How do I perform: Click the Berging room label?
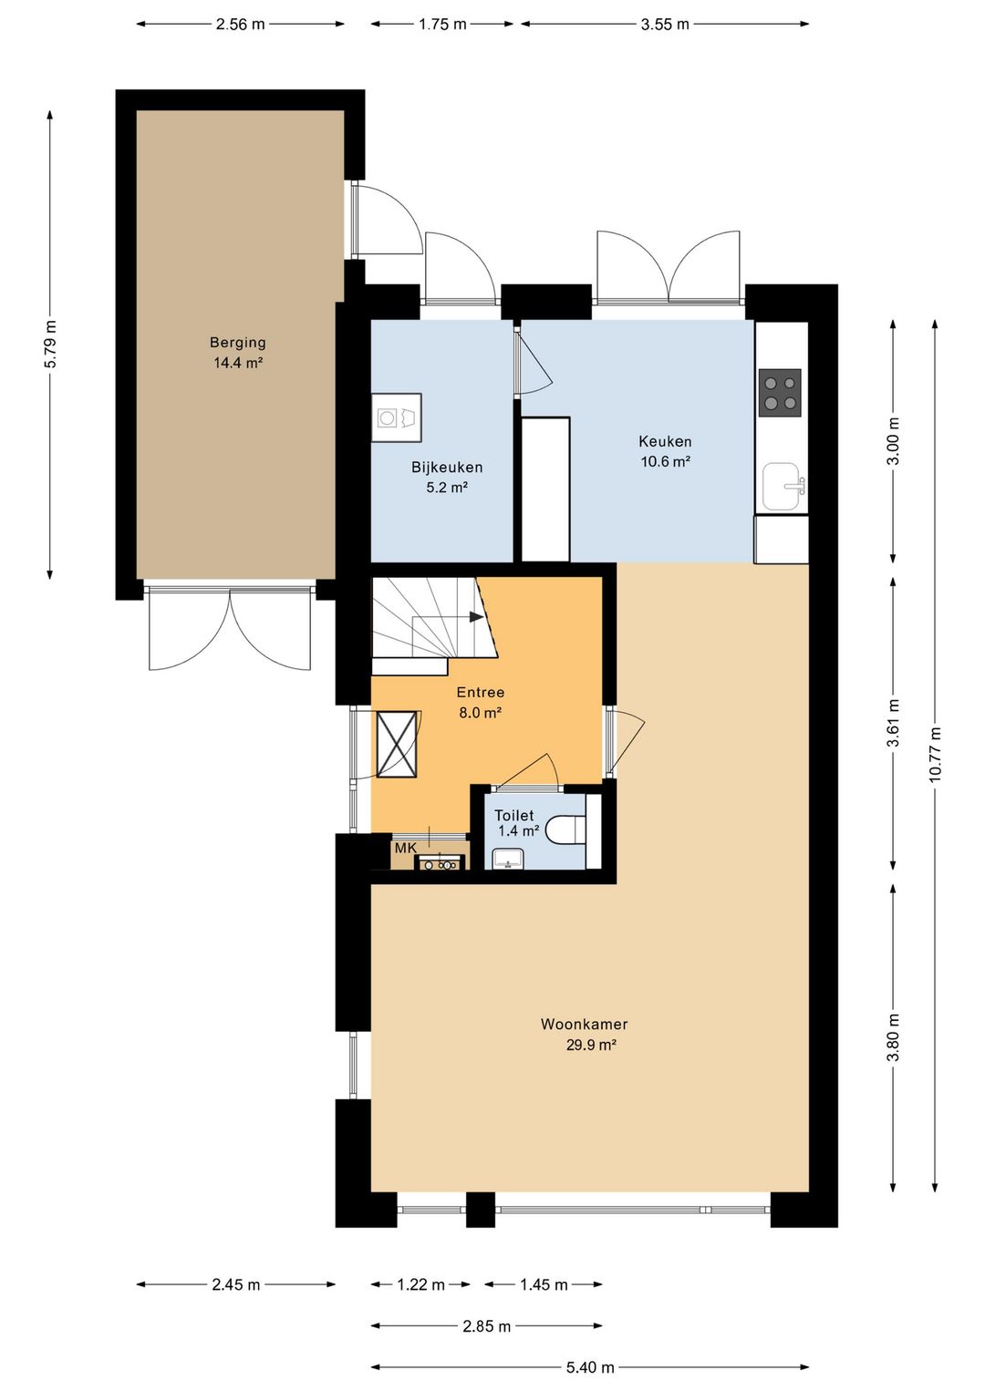coord(237,342)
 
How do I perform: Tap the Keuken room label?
coord(665,441)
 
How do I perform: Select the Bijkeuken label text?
coord(447,468)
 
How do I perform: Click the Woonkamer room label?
coord(585,1024)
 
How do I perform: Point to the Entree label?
coord(481,693)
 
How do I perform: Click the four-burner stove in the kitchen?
coord(780,393)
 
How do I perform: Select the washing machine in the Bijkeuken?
coord(397,417)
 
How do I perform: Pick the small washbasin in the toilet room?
coord(509,859)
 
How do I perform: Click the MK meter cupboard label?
coord(405,848)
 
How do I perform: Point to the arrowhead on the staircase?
coord(476,616)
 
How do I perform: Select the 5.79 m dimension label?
coord(50,345)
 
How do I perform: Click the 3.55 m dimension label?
coord(665,25)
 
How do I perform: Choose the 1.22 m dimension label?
coord(420,1283)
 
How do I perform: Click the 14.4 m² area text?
coord(237,363)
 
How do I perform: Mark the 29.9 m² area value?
coord(590,1045)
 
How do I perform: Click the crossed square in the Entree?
coord(397,744)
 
